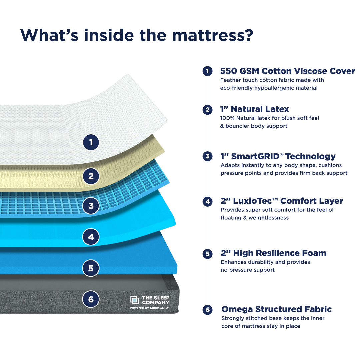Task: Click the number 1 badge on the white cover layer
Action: coord(91,143)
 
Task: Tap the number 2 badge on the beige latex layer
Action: coord(91,176)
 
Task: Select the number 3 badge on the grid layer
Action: coord(91,206)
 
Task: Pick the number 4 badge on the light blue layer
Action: coord(91,237)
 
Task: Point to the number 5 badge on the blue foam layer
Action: coord(91,268)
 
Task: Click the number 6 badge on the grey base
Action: coord(91,299)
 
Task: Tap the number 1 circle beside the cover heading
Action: coord(207,71)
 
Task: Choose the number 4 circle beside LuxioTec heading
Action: coord(207,201)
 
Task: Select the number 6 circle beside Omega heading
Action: coord(207,310)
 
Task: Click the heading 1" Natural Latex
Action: coord(255,109)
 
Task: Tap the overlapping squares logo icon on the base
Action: coord(134,300)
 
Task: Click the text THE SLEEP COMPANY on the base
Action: coord(156,300)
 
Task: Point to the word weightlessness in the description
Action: coord(268,218)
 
